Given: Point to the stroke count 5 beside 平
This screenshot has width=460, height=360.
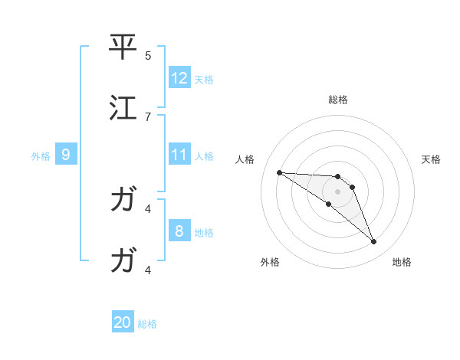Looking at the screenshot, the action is tap(148, 55).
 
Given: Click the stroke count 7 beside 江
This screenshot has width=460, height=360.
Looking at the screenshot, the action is tap(148, 116).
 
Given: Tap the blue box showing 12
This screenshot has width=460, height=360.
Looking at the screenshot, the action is tap(179, 78).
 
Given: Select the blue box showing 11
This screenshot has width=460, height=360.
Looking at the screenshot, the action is tap(179, 155).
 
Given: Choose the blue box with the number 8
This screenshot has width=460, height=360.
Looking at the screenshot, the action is tap(179, 231).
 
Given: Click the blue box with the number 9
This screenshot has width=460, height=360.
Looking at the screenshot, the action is tap(66, 155).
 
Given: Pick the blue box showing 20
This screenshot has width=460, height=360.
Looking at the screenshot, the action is tap(123, 322).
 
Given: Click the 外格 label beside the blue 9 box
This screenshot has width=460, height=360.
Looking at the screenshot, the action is tap(41, 155).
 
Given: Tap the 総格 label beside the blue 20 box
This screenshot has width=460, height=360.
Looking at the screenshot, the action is tap(147, 324).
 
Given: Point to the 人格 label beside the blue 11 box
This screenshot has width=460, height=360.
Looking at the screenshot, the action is tap(204, 155).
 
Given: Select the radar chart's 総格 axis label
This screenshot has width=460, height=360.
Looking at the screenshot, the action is tap(338, 100).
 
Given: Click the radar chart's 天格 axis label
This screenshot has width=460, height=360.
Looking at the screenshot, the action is tap(431, 159).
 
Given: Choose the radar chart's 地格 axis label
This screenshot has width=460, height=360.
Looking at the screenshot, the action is tap(402, 262).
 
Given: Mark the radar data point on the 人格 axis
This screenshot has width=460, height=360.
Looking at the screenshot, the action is tap(279, 172).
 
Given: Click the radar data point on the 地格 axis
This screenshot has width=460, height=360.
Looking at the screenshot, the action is tap(374, 242).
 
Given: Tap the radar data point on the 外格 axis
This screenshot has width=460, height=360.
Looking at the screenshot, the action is tap(328, 204).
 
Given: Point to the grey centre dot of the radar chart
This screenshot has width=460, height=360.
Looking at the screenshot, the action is tap(338, 191).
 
